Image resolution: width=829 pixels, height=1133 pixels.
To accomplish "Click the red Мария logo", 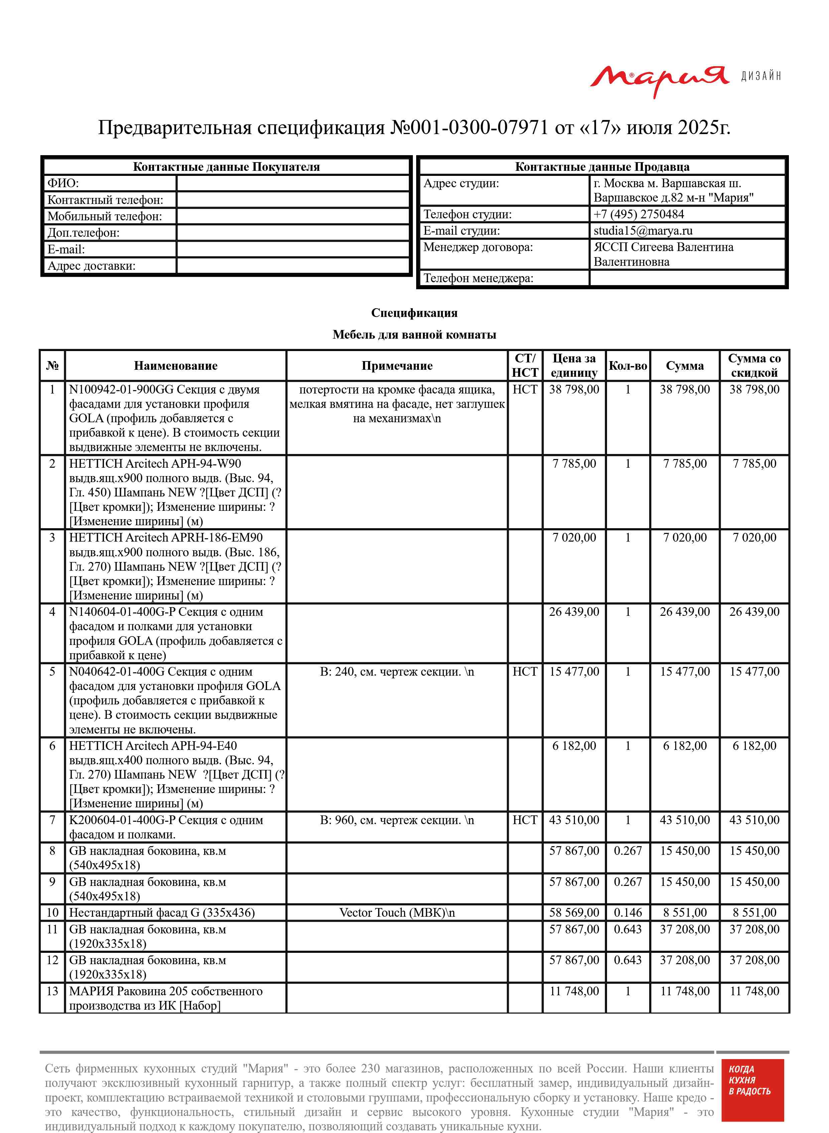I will click(x=659, y=79).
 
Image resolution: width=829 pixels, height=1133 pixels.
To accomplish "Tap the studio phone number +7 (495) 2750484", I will click(x=638, y=214).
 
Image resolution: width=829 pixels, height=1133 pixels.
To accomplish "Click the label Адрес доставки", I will click(x=91, y=266).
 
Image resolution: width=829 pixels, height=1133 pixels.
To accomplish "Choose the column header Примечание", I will click(x=396, y=366).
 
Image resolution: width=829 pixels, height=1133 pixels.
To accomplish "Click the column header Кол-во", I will click(x=627, y=366).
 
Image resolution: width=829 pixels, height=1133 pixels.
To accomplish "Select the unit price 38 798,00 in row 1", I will click(x=574, y=389).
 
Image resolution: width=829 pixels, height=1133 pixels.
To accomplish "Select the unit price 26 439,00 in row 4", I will click(x=574, y=612).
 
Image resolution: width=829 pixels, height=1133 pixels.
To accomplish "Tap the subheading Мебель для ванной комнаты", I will click(x=414, y=335).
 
